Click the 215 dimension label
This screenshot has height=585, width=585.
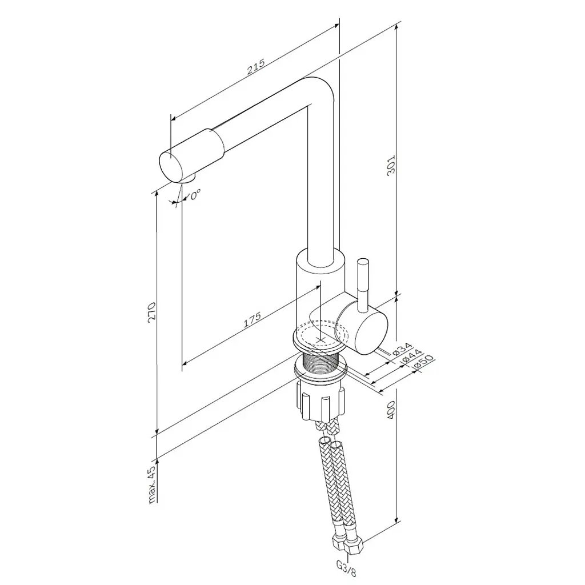pos(256,67)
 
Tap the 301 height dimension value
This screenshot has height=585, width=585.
pos(391,166)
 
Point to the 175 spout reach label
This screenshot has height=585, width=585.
pos(252,320)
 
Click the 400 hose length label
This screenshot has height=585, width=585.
pos(390,410)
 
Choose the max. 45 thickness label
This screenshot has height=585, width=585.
pos(151,484)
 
